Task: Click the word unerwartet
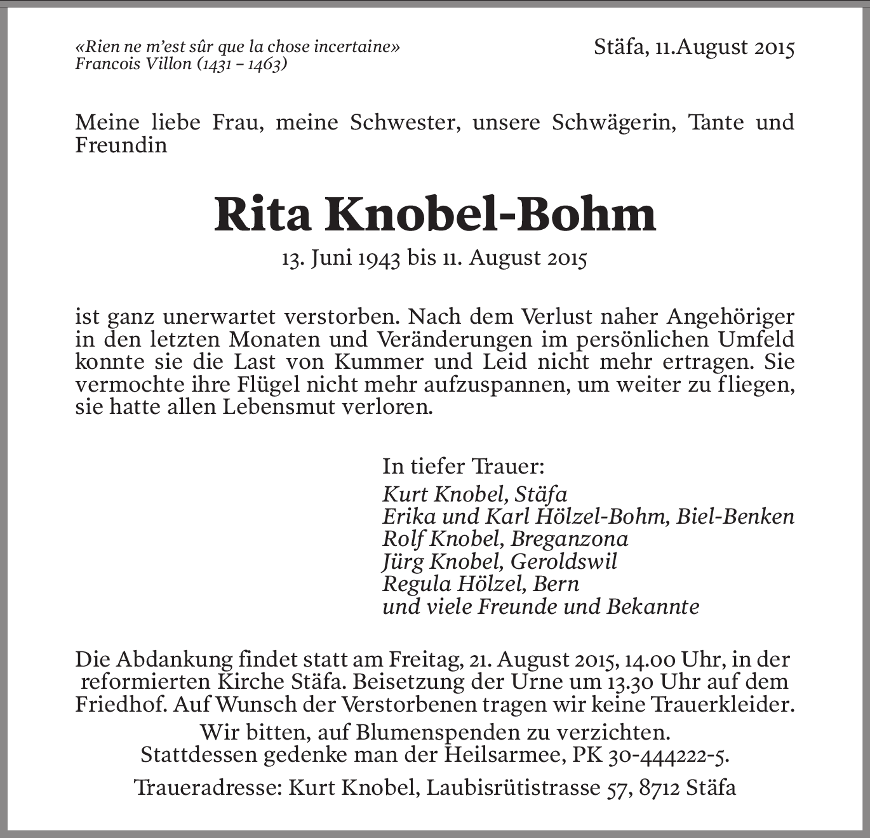(x=219, y=316)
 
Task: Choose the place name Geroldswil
(x=563, y=561)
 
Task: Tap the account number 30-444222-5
(x=667, y=755)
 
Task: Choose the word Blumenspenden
(x=428, y=733)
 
